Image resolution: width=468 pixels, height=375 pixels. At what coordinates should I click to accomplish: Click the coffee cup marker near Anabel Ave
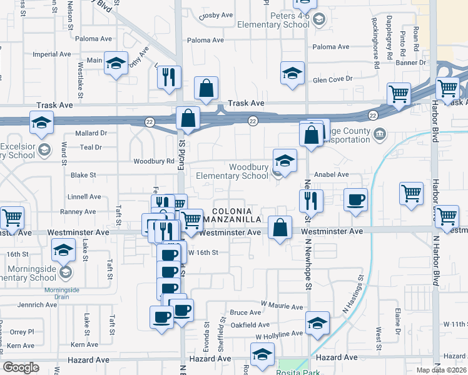[356, 200]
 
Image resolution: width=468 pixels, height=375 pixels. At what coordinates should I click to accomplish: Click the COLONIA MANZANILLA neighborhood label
[236, 216]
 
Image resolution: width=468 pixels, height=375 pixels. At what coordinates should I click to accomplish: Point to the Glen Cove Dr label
[332, 80]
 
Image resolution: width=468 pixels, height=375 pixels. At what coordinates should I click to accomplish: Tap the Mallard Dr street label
[91, 133]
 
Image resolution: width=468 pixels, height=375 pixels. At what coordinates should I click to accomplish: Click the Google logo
[21, 367]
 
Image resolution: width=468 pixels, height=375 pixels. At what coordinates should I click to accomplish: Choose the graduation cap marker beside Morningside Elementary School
[63, 252]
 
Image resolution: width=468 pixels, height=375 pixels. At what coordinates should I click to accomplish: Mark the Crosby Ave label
[216, 16]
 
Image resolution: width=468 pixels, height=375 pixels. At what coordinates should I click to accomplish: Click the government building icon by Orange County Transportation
[380, 134]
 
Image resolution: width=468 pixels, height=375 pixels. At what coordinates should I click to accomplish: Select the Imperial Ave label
[53, 54]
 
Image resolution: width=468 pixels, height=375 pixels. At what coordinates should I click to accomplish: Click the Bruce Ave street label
[245, 312]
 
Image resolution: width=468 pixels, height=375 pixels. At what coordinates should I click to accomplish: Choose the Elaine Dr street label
[397, 318]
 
